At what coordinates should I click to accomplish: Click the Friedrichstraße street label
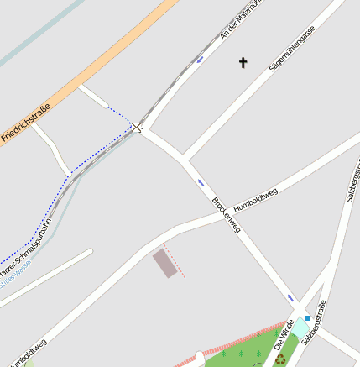coord(26,121)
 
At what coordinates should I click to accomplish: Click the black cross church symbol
coord(243,62)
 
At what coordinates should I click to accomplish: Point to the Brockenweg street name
coord(227,214)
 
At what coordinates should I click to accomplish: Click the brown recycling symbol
coord(279,360)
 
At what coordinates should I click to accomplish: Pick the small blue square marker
coord(307,317)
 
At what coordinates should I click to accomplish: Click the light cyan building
coord(299,327)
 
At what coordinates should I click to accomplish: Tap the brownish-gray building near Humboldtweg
coord(165,263)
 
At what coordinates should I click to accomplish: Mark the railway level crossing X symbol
coord(138,128)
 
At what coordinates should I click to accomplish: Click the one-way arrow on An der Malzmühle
coord(199,60)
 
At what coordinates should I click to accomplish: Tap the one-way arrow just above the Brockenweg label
coord(201,182)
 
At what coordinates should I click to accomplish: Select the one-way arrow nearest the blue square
coord(291,297)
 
